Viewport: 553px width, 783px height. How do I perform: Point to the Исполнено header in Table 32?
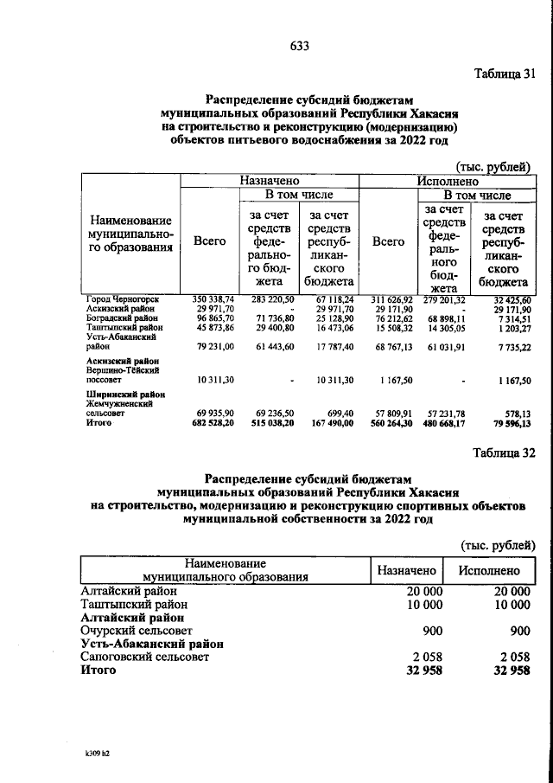489,571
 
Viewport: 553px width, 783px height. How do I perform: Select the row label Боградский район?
120,318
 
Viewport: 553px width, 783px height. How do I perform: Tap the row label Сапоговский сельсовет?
144,658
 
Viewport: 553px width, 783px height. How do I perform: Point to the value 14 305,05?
447,328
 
